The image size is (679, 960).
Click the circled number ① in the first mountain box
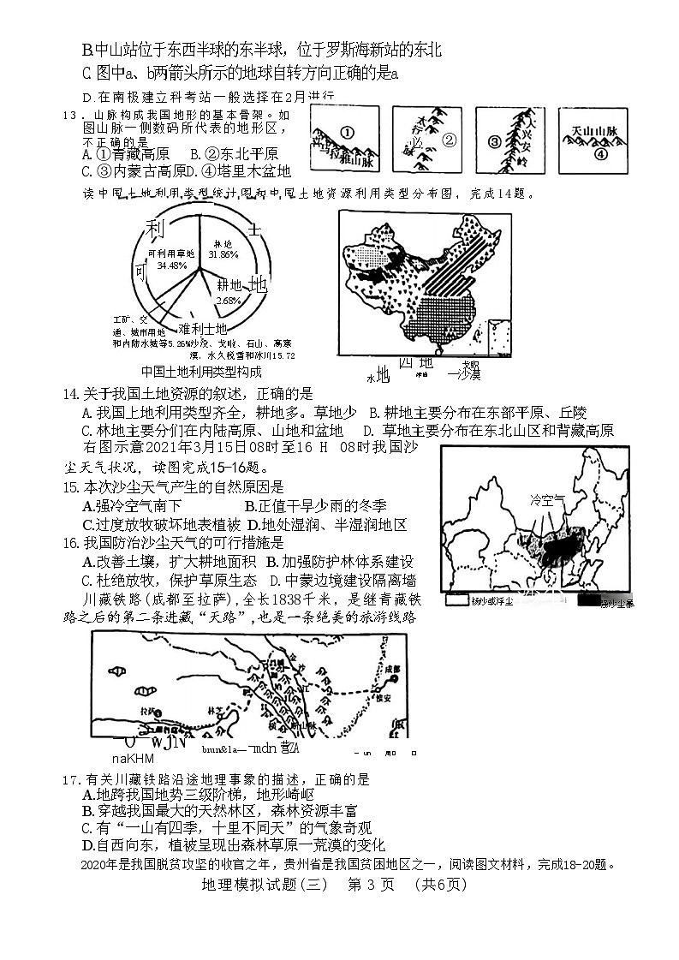(346, 133)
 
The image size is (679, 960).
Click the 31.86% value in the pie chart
(223, 254)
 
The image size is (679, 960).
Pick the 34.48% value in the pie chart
(171, 265)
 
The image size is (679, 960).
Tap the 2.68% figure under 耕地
(228, 301)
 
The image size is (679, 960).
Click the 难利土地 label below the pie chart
(202, 329)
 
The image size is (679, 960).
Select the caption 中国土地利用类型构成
(201, 372)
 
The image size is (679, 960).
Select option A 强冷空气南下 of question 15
(132, 505)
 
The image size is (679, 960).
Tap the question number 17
(72, 779)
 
